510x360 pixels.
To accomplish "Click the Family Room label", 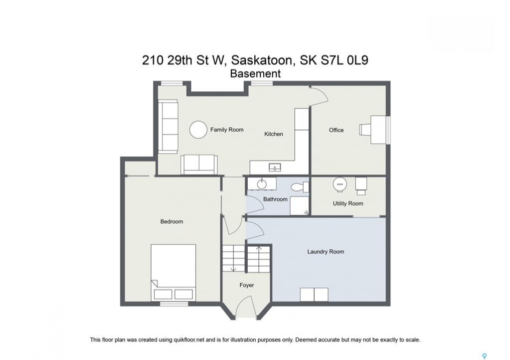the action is pyautogui.click(x=227, y=129).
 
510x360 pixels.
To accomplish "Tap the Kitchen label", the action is pyautogui.click(x=274, y=134).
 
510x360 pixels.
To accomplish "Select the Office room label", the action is pyautogui.click(x=336, y=130).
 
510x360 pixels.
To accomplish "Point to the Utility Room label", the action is pyautogui.click(x=348, y=203).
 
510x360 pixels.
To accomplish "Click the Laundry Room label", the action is pyautogui.click(x=326, y=251).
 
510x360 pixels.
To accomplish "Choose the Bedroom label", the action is pyautogui.click(x=171, y=221).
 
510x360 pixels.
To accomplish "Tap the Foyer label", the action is pyautogui.click(x=247, y=285).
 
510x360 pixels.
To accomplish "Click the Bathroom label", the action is pyautogui.click(x=275, y=199).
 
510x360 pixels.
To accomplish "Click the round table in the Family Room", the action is pyautogui.click(x=198, y=129).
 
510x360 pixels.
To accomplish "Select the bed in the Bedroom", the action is pyautogui.click(x=173, y=272).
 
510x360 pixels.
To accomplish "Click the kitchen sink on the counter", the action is pyautogui.click(x=275, y=167).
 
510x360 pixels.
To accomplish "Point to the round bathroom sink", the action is pyautogui.click(x=262, y=184).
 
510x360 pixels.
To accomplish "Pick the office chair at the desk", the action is pyautogui.click(x=364, y=129).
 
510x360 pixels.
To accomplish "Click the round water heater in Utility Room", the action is pyautogui.click(x=340, y=184).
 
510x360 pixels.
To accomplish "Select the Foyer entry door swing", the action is pyautogui.click(x=246, y=305).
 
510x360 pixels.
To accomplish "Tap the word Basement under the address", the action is pyautogui.click(x=255, y=73).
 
